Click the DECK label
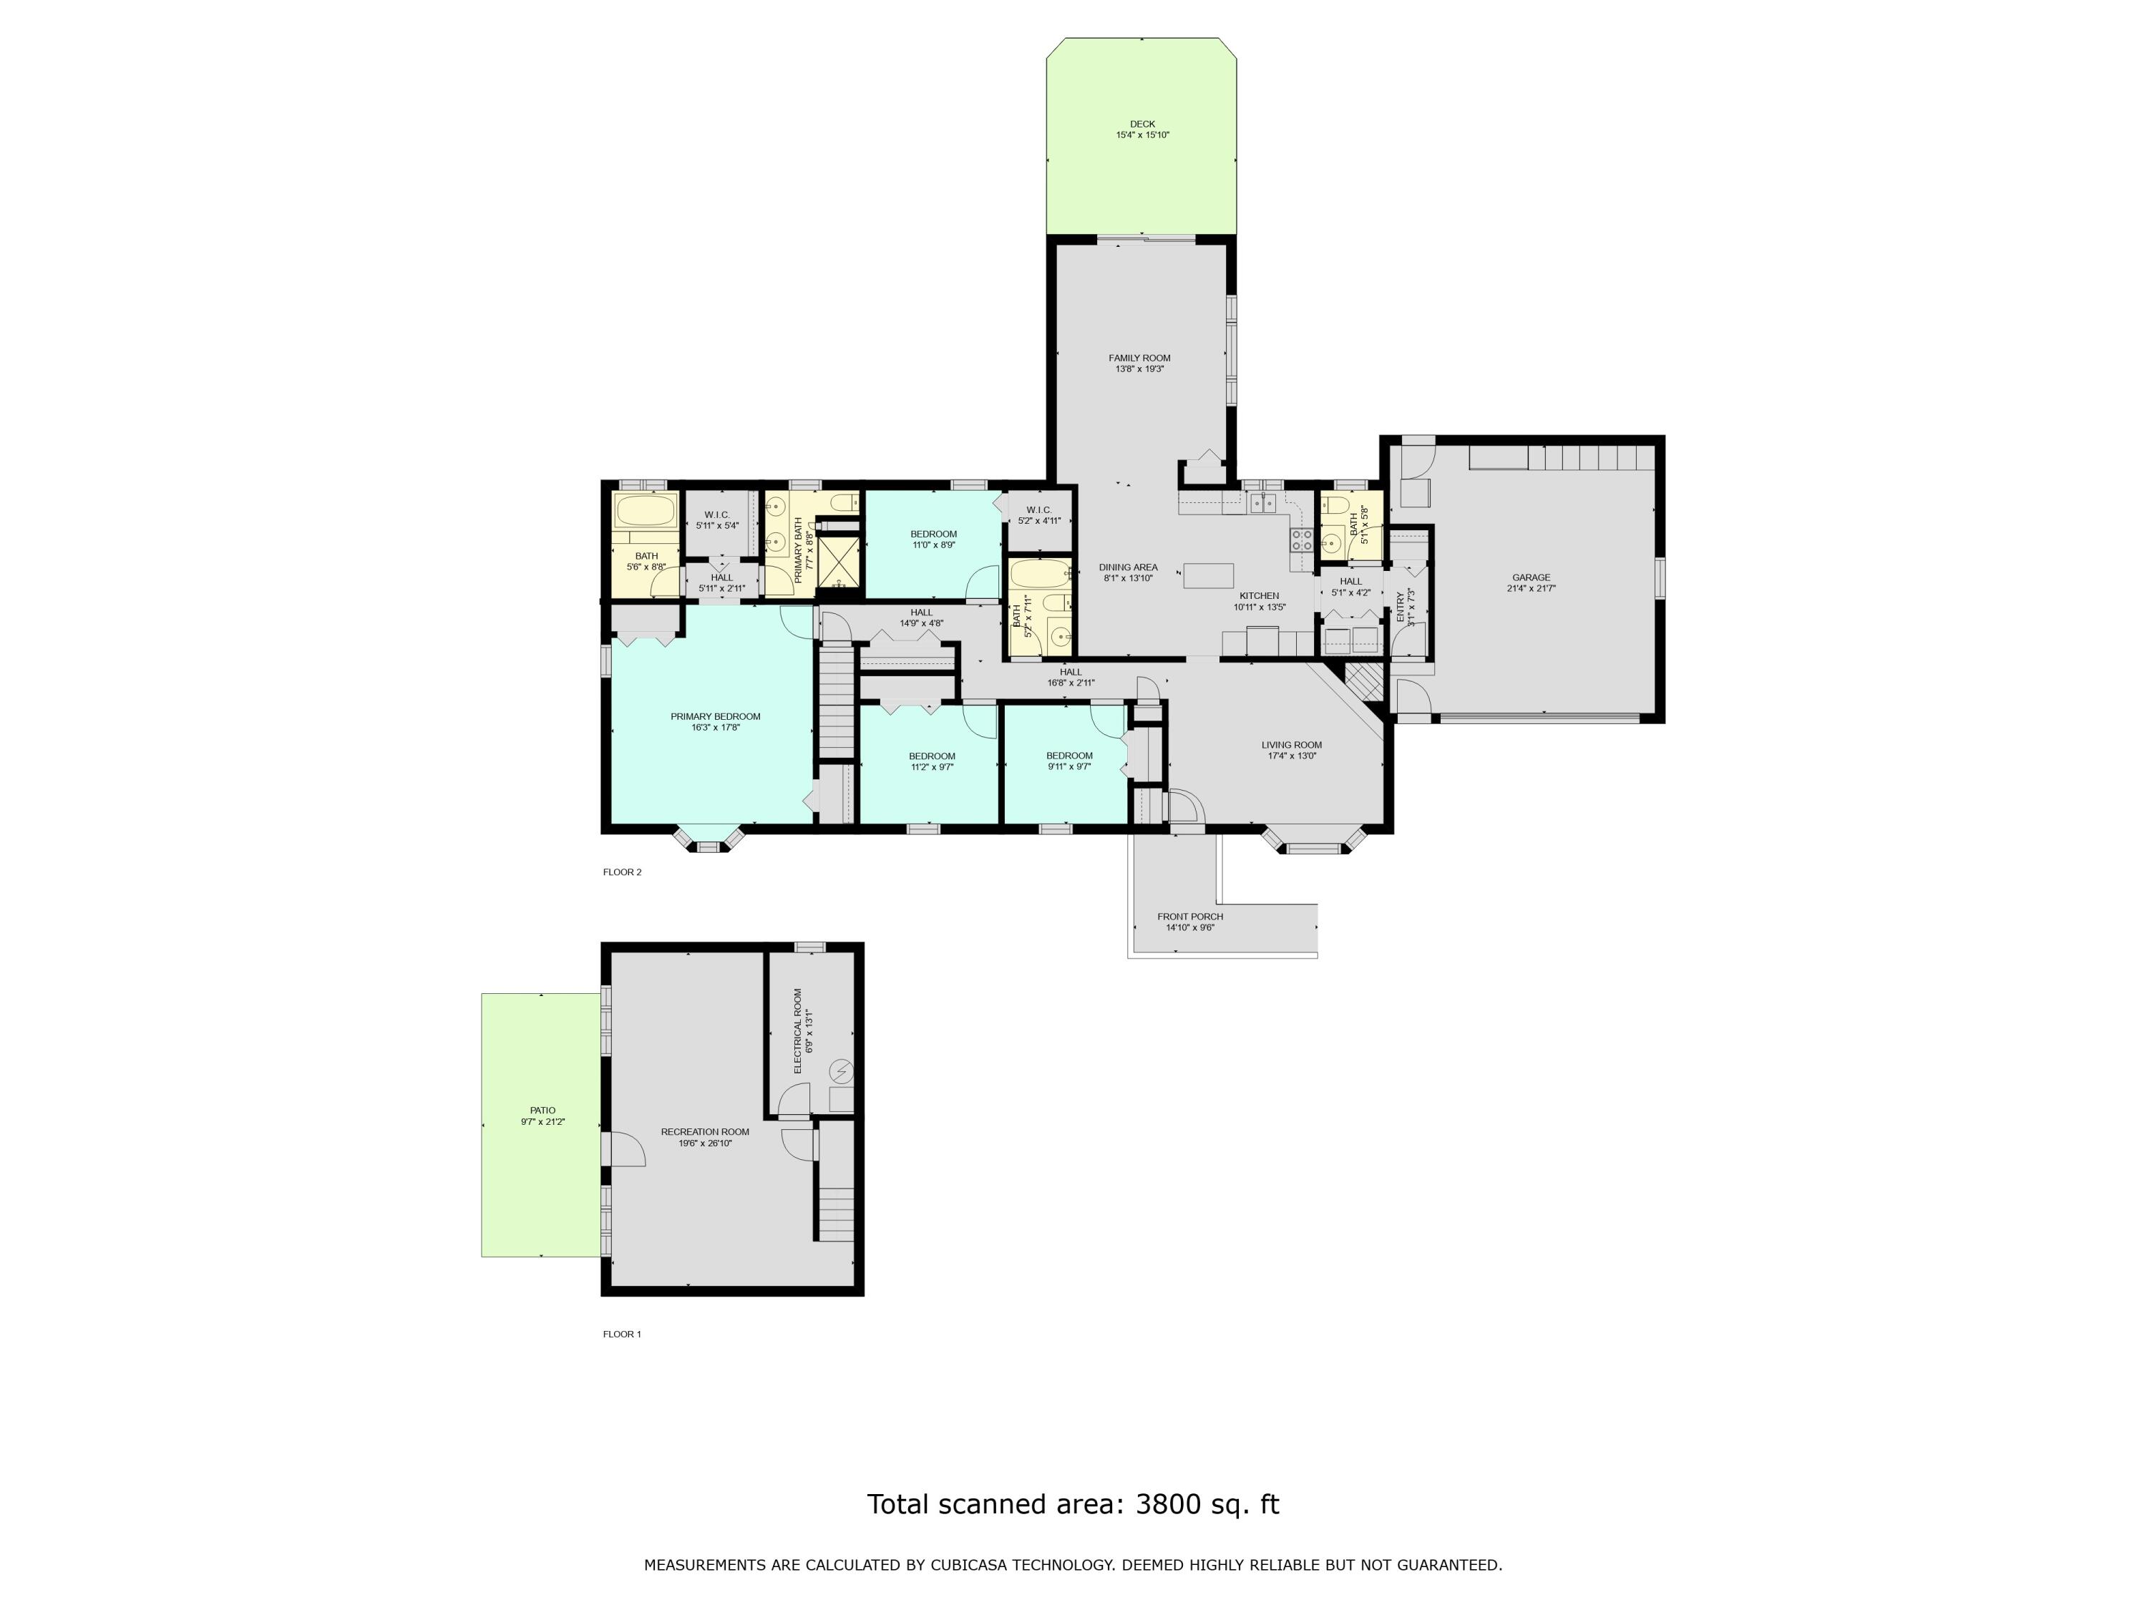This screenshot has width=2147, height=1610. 1142,125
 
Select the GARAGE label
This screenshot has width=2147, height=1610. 1531,577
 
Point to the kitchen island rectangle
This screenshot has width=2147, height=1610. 1209,575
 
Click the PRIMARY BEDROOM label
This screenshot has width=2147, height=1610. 716,716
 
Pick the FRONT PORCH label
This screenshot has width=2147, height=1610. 1190,916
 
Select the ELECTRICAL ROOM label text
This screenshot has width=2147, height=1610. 798,1030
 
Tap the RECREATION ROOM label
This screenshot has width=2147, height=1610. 705,1131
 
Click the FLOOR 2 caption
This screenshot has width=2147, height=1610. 622,872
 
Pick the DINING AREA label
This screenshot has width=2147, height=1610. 1128,567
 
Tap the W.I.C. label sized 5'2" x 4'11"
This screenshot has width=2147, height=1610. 1038,509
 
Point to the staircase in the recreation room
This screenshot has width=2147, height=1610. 834,1204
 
